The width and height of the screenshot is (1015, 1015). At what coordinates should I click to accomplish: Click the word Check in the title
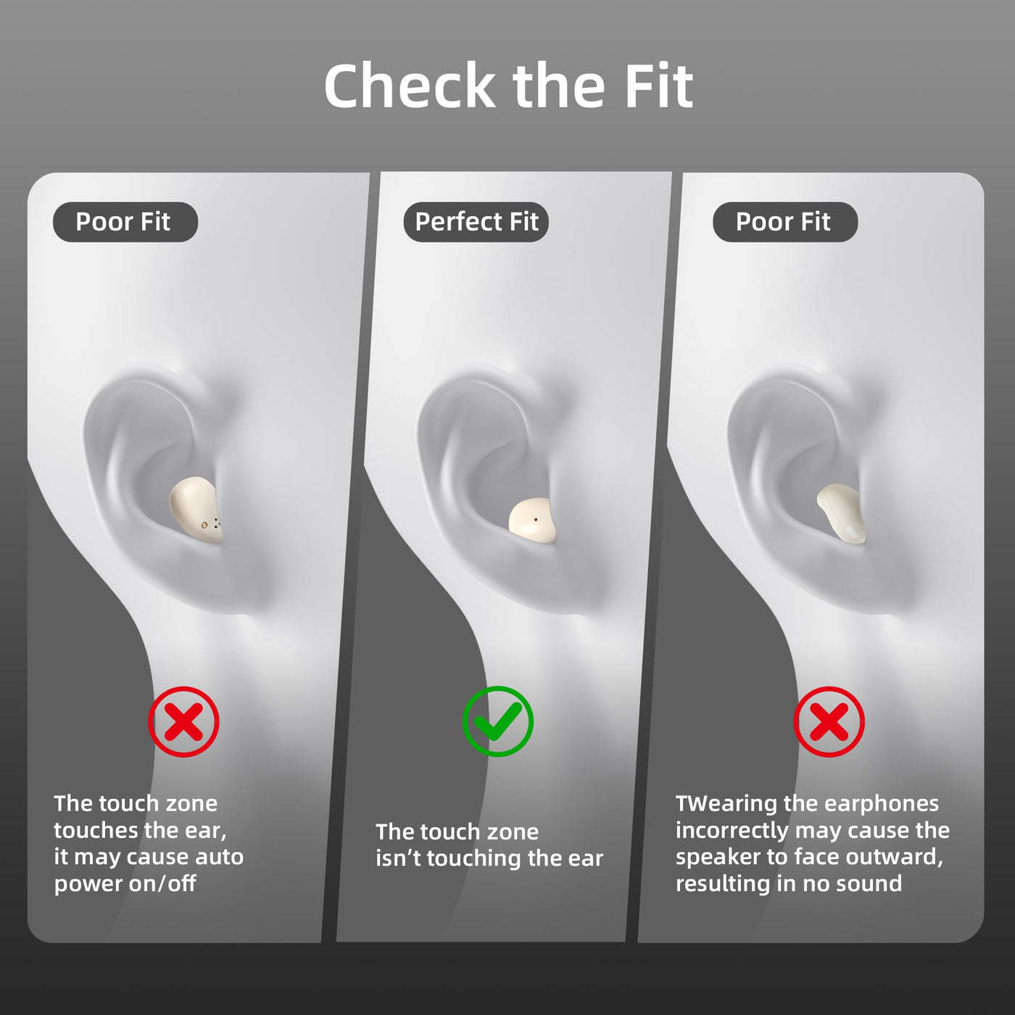click(410, 85)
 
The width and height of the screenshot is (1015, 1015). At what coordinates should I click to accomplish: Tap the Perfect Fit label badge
click(476, 222)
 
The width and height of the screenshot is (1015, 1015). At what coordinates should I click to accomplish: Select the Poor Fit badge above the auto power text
click(125, 222)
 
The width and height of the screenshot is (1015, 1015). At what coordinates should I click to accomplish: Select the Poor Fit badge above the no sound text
click(785, 222)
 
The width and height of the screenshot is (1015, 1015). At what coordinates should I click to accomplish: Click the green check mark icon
click(498, 721)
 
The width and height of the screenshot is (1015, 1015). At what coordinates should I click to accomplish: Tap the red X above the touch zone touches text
click(183, 721)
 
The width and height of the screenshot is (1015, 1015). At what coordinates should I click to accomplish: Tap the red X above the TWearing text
click(829, 721)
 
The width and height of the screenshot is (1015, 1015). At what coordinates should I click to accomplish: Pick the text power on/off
click(125, 883)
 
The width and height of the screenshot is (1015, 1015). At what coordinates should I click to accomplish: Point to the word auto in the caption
click(219, 857)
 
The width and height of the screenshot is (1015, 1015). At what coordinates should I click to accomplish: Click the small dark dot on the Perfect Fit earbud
click(536, 519)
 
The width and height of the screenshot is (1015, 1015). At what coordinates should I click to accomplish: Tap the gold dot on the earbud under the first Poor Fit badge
click(204, 525)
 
